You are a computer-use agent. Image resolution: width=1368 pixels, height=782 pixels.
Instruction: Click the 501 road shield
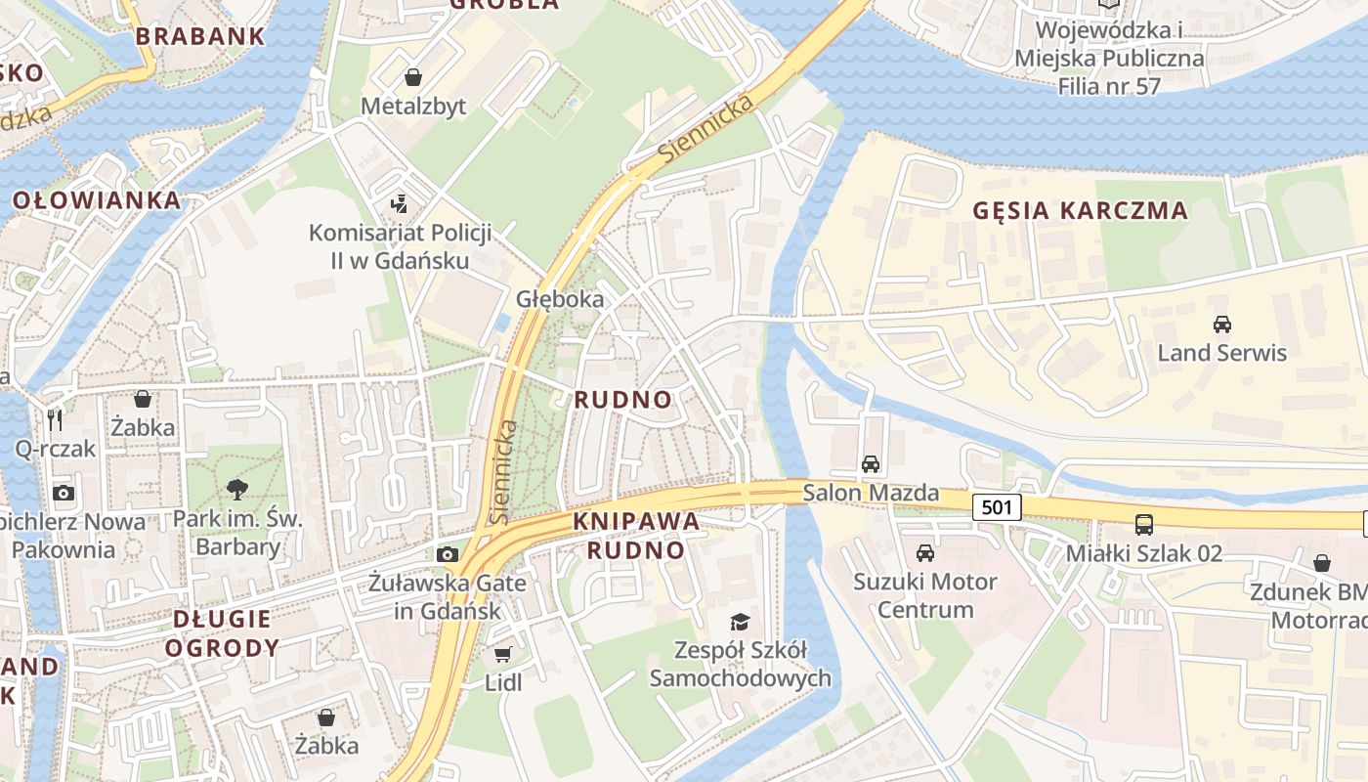(x=998, y=506)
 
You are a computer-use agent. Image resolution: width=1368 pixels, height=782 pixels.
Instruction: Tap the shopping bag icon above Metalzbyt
(x=414, y=77)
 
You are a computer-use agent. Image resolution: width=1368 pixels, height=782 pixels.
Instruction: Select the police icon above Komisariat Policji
(x=400, y=204)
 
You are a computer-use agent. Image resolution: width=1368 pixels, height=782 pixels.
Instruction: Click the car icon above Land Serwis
(x=1221, y=324)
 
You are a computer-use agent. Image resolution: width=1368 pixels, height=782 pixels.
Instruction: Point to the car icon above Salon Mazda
(x=870, y=464)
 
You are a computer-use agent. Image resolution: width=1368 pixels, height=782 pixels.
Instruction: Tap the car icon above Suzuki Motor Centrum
(x=924, y=553)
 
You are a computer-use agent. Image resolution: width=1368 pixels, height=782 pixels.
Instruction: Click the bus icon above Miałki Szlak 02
(x=1143, y=524)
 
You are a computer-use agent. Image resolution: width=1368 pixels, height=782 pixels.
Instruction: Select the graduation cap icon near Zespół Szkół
(x=740, y=622)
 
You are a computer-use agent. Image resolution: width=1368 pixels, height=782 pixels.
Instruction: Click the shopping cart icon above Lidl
(x=503, y=654)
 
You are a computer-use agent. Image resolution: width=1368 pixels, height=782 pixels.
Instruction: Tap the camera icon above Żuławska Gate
(x=448, y=554)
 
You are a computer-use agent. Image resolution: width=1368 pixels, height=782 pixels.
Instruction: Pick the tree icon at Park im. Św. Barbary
(x=236, y=490)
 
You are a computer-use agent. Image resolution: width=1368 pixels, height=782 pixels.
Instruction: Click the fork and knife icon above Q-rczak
(x=55, y=420)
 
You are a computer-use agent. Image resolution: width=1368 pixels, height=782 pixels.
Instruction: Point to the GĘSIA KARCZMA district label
(x=1081, y=210)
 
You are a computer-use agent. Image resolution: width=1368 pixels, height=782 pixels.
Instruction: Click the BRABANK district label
(x=199, y=37)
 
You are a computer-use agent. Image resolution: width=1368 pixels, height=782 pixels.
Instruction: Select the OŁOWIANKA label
(x=97, y=201)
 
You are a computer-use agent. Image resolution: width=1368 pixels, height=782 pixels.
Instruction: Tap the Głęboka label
(x=560, y=299)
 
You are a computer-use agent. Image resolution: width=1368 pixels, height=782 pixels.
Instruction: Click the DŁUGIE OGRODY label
(x=222, y=632)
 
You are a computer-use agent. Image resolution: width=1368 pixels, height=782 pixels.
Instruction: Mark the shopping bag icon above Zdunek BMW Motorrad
(x=1321, y=563)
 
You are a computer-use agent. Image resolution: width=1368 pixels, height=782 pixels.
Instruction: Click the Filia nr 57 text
(x=1108, y=86)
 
